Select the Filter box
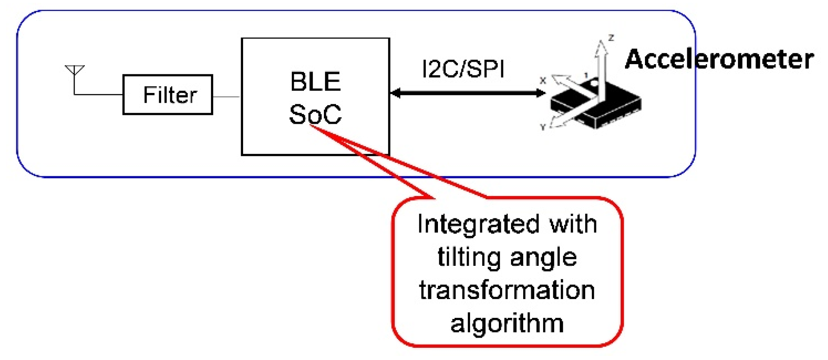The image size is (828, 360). point(168,95)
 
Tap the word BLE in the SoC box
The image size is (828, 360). point(315,82)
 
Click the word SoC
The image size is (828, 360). point(315,114)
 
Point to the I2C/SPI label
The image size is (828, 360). point(463,69)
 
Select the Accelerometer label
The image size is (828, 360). point(719,59)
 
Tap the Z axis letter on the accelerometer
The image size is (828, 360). point(611,38)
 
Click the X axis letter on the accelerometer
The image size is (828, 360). point(543,81)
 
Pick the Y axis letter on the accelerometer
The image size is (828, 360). point(543,127)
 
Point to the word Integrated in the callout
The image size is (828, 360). point(473,224)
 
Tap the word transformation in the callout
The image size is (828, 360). point(507,290)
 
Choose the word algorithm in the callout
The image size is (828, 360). point(507,324)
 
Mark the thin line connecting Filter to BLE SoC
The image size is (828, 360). point(226,97)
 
